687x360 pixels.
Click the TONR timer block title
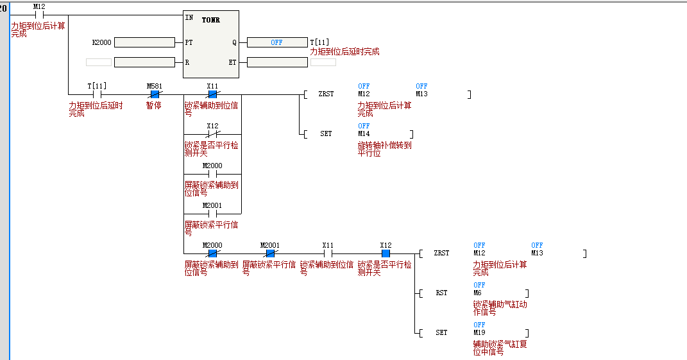point(211,20)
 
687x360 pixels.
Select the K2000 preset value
point(101,42)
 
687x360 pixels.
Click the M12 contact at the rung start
point(38,14)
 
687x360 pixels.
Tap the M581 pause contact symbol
point(155,94)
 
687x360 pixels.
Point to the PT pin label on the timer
point(189,42)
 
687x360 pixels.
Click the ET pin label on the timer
point(232,62)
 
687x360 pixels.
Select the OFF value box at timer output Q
point(276,42)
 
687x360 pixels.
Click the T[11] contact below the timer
point(97,94)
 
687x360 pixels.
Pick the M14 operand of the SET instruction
point(364,133)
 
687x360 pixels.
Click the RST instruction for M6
point(441,293)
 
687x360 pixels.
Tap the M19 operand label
point(479,332)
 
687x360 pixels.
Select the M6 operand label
point(477,293)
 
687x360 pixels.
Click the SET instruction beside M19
point(441,332)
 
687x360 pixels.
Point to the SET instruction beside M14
point(326,133)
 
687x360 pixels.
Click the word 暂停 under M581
point(154,105)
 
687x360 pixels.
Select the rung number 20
point(3,8)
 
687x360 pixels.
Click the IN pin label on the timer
point(189,17)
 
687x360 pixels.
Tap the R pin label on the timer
point(187,62)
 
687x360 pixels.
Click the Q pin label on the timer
point(234,42)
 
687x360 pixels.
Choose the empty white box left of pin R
point(98,62)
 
